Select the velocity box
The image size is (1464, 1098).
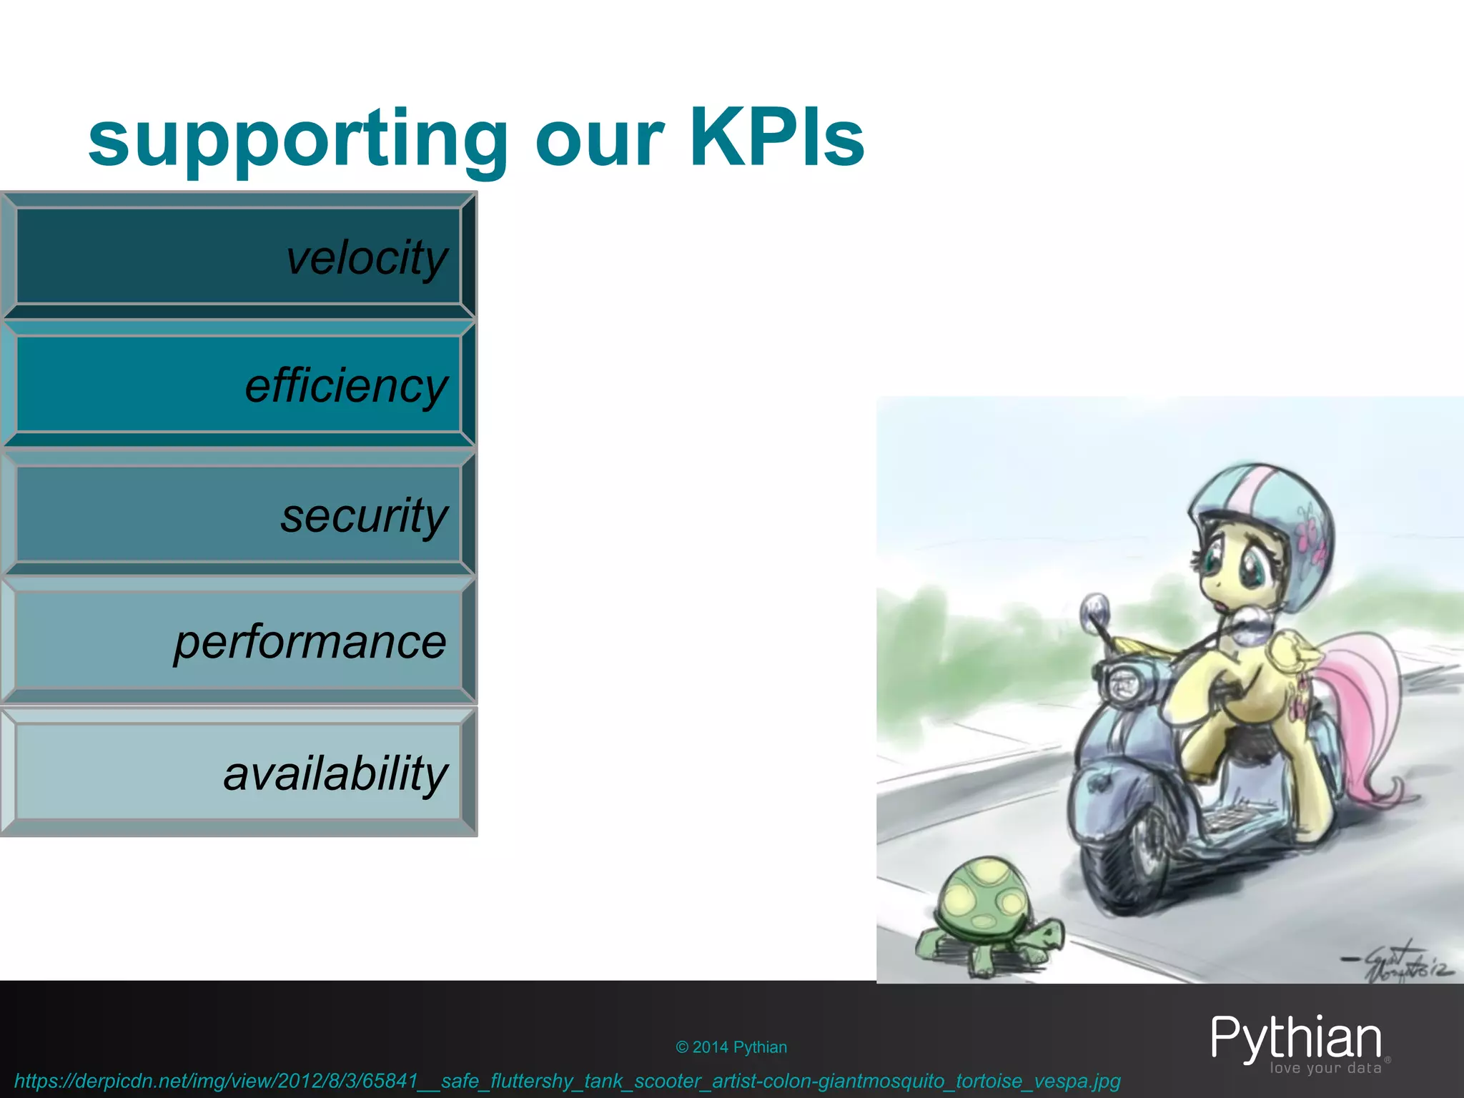coord(238,256)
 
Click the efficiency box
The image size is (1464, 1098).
coord(238,385)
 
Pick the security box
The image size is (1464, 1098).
coord(238,514)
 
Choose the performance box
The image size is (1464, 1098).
coord(238,641)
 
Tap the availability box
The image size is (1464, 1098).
coord(238,772)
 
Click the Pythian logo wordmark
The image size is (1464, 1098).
coord(1296,1038)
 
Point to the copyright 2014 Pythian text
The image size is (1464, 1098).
coord(731,1047)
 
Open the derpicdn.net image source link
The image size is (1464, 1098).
coord(567,1081)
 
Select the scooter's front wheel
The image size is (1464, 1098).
coord(1137,851)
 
